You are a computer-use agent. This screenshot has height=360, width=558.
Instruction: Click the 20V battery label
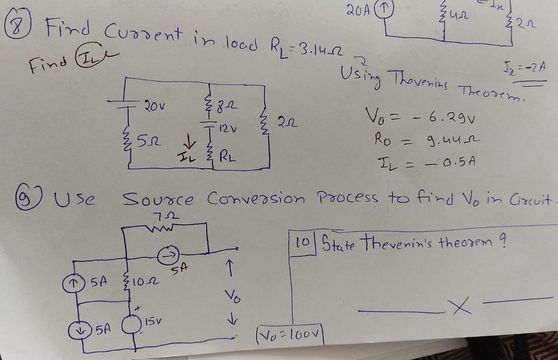click(x=153, y=105)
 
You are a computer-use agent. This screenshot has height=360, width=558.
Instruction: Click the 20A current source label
click(x=357, y=8)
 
